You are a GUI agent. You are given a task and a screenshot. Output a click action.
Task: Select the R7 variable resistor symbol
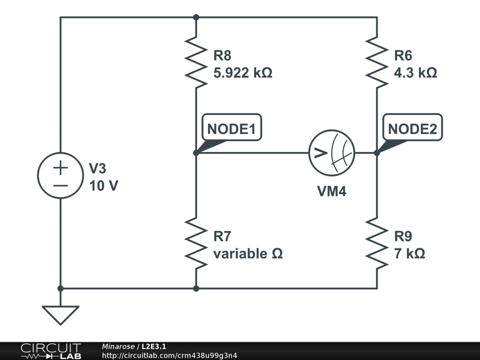click(x=196, y=243)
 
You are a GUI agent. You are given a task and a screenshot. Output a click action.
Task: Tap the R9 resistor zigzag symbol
click(x=377, y=243)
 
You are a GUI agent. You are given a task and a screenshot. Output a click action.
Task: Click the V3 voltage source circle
click(x=60, y=175)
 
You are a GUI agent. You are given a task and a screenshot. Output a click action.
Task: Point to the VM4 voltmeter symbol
click(x=331, y=153)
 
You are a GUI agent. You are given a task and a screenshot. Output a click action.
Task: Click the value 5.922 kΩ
click(x=243, y=74)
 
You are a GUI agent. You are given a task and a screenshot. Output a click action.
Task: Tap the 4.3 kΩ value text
click(x=415, y=74)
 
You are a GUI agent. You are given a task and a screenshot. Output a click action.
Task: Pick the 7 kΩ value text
click(x=409, y=254)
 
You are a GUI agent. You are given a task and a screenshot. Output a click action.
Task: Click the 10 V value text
click(x=104, y=186)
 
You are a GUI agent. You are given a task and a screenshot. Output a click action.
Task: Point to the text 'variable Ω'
click(x=248, y=254)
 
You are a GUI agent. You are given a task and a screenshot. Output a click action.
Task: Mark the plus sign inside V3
click(x=60, y=167)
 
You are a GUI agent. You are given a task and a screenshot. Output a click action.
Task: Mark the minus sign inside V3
click(x=60, y=185)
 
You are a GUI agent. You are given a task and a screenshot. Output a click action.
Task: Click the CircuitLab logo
click(x=50, y=351)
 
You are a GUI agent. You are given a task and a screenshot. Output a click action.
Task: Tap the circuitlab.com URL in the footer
click(x=169, y=355)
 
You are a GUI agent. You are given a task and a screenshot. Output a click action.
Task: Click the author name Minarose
click(x=118, y=346)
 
